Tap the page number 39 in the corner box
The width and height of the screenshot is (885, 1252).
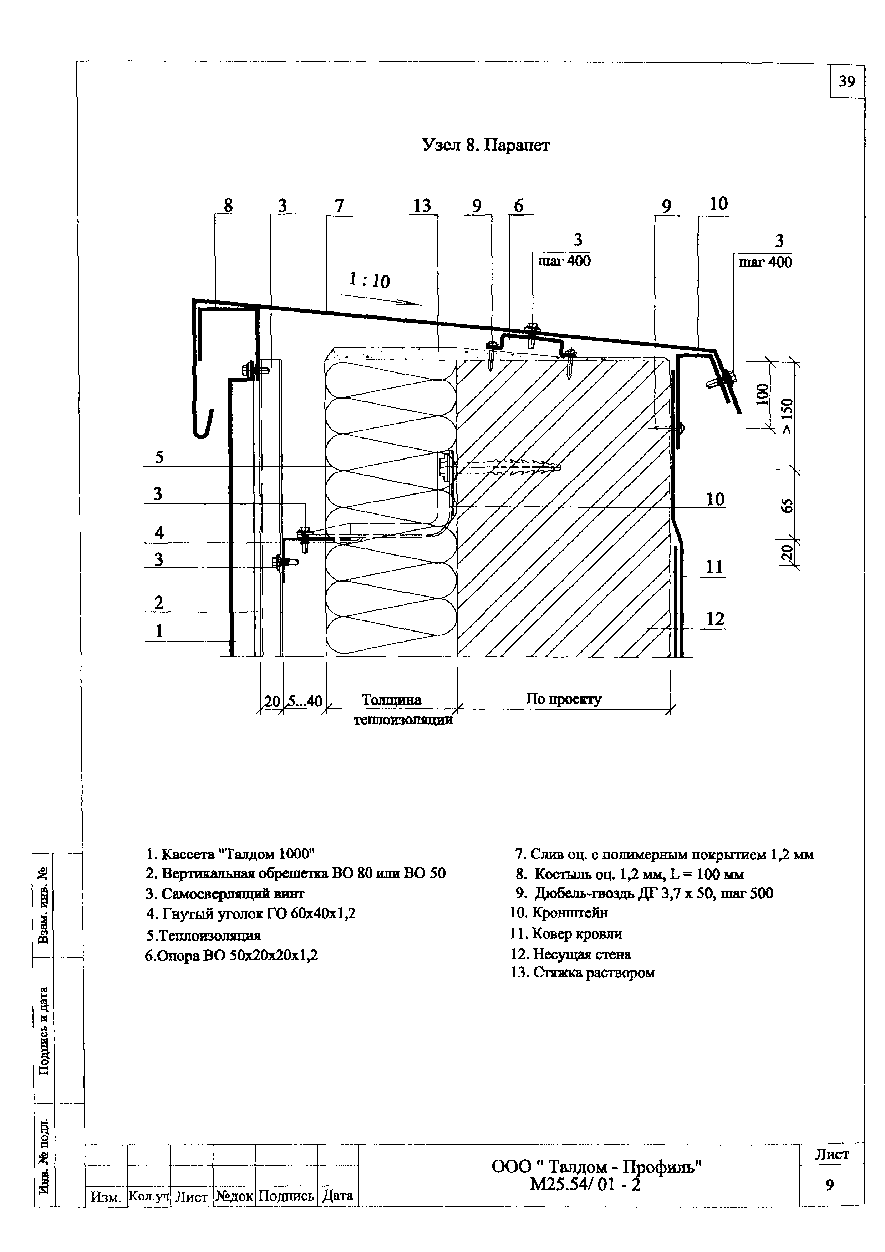(847, 82)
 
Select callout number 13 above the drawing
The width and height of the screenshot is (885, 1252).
(422, 206)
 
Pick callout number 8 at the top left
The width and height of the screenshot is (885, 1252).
(228, 206)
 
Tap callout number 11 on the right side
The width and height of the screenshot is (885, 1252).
(714, 567)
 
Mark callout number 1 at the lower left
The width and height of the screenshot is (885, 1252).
(159, 632)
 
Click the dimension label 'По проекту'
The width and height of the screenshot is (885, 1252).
(563, 699)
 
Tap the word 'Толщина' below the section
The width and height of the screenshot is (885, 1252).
(391, 700)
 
